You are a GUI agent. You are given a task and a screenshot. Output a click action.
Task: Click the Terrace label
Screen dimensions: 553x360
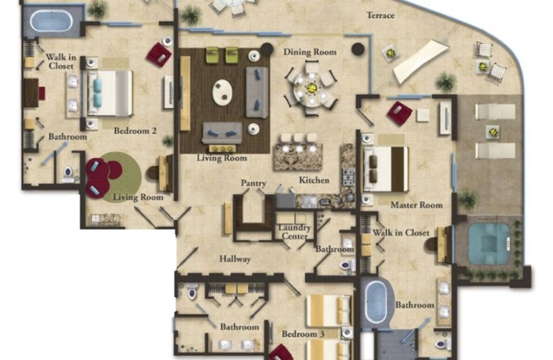pos(380,16)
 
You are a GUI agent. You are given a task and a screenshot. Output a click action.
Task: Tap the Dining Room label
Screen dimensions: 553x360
pos(310,52)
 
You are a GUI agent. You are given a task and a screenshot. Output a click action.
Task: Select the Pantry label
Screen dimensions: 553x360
pos(253,183)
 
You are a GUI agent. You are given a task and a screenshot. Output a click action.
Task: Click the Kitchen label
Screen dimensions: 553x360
pos(315,180)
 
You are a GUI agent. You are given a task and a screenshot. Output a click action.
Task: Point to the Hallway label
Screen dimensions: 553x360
pos(235,259)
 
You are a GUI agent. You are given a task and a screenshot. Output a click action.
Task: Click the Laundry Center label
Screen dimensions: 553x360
pos(295,231)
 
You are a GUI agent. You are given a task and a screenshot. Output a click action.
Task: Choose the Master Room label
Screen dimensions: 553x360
pos(416,205)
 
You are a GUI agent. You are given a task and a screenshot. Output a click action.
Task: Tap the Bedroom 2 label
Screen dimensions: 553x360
pos(135,130)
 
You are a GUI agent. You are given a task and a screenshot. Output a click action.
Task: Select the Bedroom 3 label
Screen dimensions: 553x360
pos(303,333)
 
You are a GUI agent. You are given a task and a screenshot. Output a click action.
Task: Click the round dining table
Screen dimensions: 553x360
pos(311,89)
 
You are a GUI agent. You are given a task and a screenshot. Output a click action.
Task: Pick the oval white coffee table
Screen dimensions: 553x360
pos(223,92)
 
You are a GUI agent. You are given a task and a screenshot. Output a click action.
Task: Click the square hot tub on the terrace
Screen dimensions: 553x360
pos(488,243)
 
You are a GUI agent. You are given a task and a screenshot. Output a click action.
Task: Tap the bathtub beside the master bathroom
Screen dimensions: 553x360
pos(377,302)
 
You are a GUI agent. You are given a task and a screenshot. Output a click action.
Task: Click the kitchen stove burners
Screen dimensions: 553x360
pos(349,177)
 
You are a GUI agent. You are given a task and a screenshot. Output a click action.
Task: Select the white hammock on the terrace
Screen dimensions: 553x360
pos(421,61)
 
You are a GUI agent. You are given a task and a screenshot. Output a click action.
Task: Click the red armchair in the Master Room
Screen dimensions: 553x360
pos(399,112)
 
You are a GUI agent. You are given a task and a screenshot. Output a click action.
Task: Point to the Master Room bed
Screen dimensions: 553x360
pos(385,169)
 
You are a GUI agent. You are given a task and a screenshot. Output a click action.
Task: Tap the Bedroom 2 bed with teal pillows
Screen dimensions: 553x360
pos(110,93)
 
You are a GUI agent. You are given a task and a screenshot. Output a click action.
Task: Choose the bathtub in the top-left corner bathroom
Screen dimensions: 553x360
pos(52,21)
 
